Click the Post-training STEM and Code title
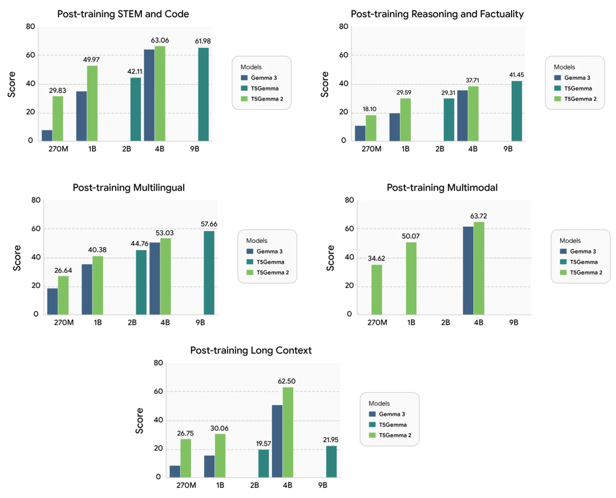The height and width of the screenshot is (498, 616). [123, 14]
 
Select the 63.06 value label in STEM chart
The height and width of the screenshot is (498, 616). [159, 40]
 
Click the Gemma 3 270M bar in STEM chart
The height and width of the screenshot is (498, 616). [47, 136]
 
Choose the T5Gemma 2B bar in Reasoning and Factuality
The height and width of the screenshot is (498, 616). [449, 120]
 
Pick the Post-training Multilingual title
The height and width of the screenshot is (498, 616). [128, 187]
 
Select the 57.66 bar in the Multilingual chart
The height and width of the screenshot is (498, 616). [209, 272]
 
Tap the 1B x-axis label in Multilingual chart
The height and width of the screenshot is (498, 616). [98, 323]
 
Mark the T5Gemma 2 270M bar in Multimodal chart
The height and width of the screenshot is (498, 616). [377, 289]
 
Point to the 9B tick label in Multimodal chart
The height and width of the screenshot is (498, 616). [513, 323]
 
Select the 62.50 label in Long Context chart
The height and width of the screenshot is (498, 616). [287, 381]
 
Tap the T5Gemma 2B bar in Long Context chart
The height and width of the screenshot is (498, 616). [264, 463]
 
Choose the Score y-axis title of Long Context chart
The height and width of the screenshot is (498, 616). [139, 421]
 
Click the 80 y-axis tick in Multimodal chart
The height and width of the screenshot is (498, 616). [349, 200]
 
